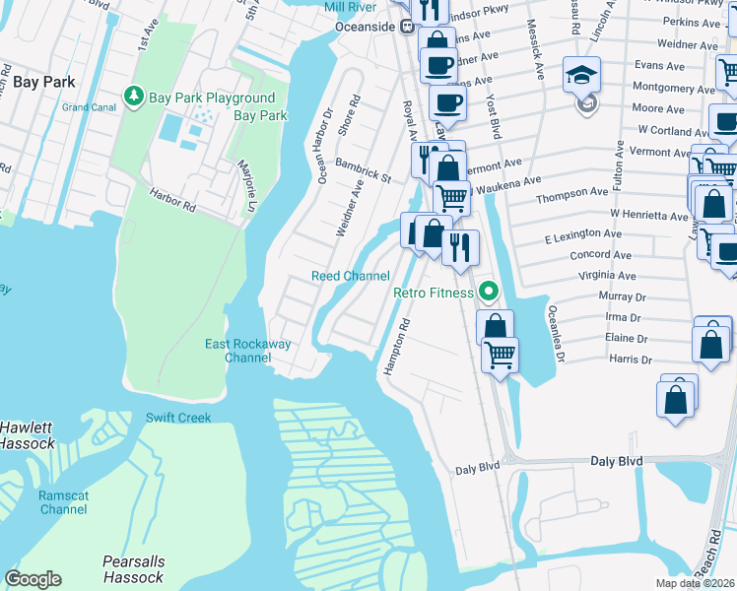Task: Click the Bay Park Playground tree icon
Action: click(x=134, y=97)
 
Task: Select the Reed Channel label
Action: click(x=351, y=277)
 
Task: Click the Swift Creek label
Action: click(x=178, y=418)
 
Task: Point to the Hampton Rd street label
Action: click(x=397, y=345)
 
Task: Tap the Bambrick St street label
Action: click(x=364, y=169)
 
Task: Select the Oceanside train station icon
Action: click(x=406, y=28)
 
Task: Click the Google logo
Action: click(x=33, y=579)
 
